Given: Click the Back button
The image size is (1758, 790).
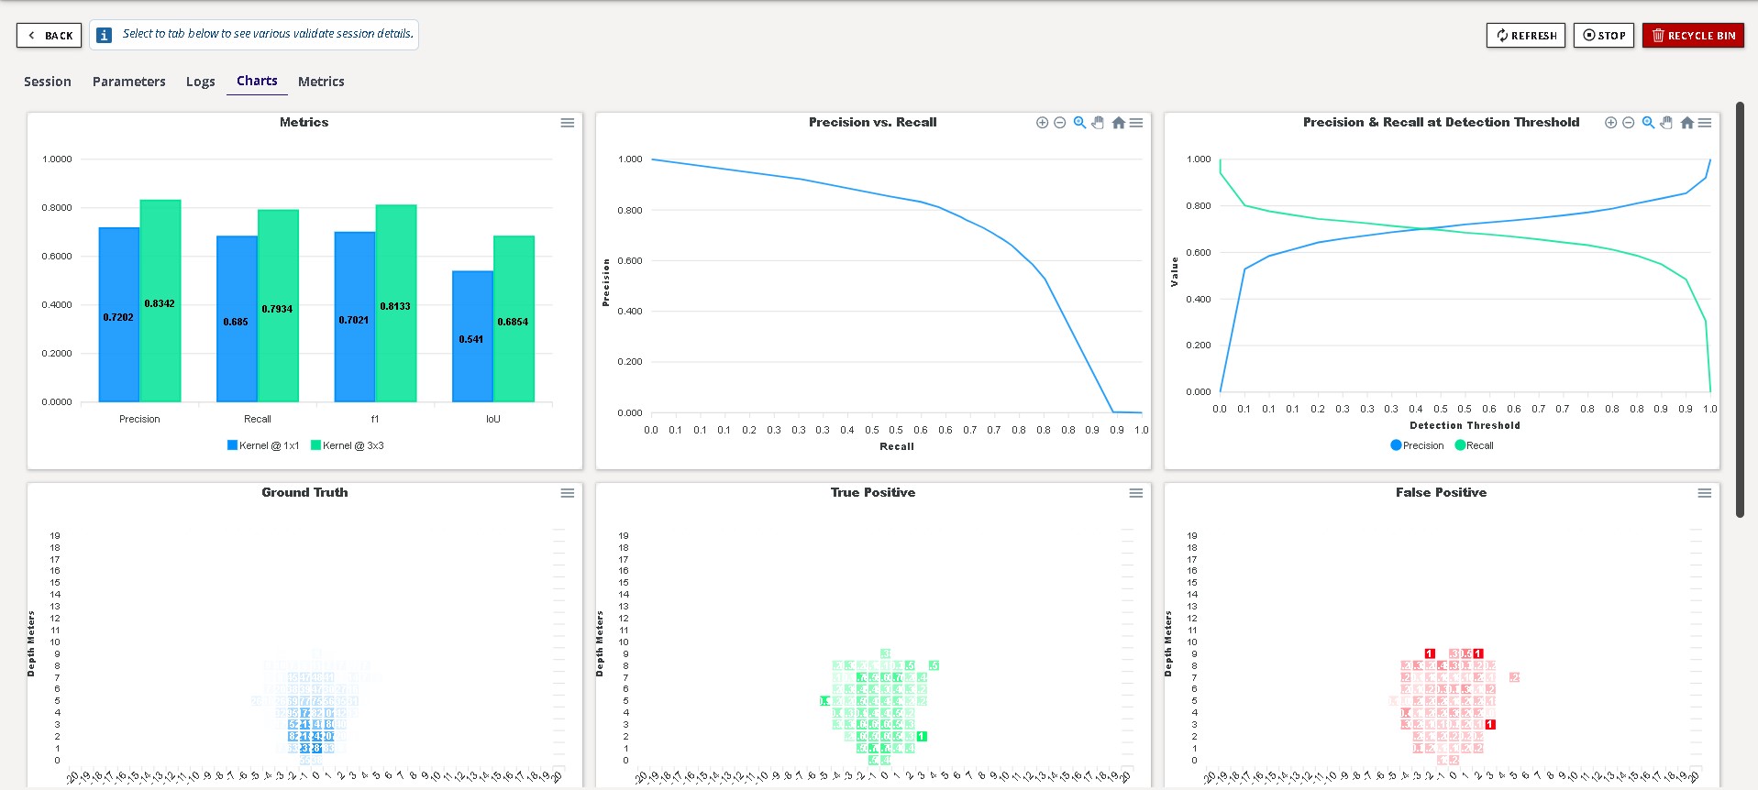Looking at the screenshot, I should pyautogui.click(x=50, y=36).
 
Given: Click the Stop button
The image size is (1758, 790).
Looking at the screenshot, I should pyautogui.click(x=1603, y=36).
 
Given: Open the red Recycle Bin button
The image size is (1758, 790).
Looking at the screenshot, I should pyautogui.click(x=1693, y=36).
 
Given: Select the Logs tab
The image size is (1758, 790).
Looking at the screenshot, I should pyautogui.click(x=200, y=82).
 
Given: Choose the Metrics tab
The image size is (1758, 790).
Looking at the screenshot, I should pyautogui.click(x=321, y=82).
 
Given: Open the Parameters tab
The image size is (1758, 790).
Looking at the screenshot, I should pyautogui.click(x=128, y=82).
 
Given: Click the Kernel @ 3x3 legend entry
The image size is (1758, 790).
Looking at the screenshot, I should pyautogui.click(x=348, y=445).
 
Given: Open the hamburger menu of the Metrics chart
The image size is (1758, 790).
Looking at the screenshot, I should pyautogui.click(x=568, y=123).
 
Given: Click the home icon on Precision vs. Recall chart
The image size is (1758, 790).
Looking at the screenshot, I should pyautogui.click(x=1118, y=123).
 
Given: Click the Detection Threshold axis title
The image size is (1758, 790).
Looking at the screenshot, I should pyautogui.click(x=1465, y=425).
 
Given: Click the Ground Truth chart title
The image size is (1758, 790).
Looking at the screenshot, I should pyautogui.click(x=304, y=492).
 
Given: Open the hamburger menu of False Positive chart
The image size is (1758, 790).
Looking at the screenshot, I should pyautogui.click(x=1704, y=493).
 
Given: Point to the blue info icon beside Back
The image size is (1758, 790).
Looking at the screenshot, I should pyautogui.click(x=105, y=35).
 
